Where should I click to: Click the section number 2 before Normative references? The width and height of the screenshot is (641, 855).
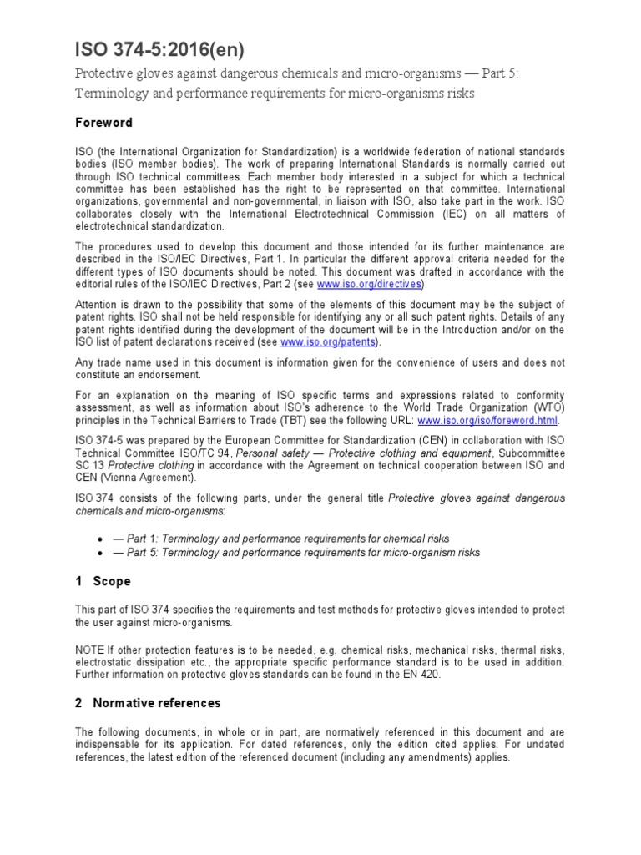[78, 702]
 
